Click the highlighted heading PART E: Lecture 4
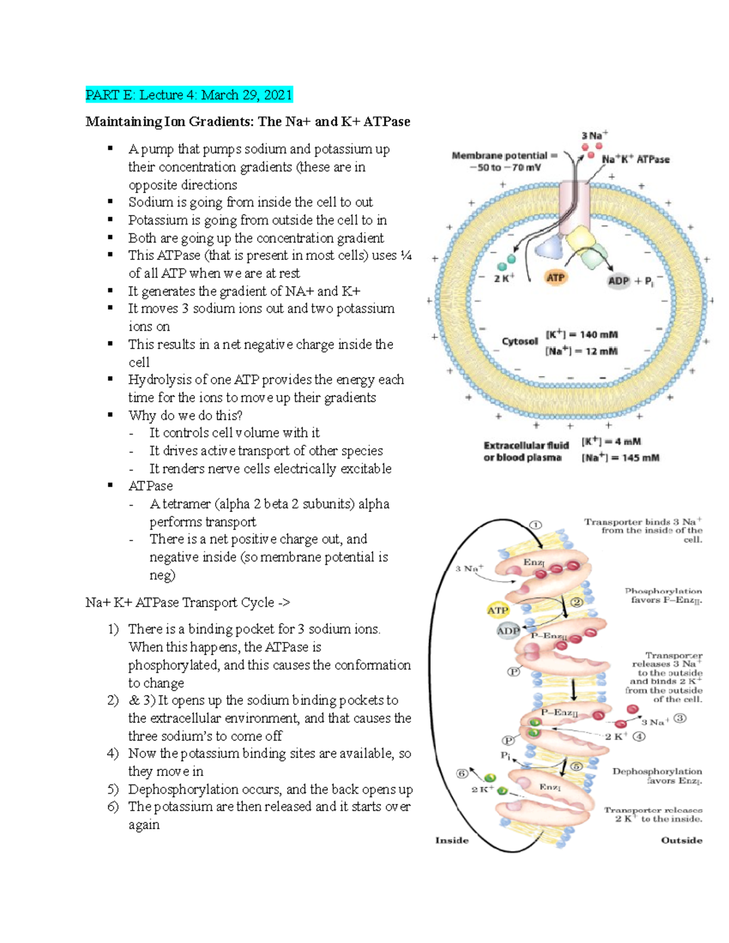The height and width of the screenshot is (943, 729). click(x=188, y=95)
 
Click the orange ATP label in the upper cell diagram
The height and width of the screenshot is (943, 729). click(x=555, y=278)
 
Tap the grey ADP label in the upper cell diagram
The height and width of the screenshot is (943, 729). click(x=618, y=281)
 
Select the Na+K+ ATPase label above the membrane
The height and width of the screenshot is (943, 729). click(x=635, y=159)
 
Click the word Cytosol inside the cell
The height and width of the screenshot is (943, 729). click(x=519, y=341)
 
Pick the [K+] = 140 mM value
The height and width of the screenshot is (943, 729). click(x=581, y=335)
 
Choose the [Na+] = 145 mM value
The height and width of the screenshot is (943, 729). click(x=620, y=458)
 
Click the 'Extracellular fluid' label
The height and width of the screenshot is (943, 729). click(x=525, y=445)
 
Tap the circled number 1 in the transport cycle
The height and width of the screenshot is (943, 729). click(x=535, y=525)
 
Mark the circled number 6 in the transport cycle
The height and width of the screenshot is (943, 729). click(x=462, y=774)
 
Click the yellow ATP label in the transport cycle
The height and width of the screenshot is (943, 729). click(x=498, y=610)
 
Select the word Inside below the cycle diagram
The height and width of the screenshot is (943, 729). click(x=452, y=840)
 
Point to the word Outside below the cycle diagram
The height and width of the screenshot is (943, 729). click(x=681, y=840)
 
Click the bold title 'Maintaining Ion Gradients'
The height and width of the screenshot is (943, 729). click(x=247, y=121)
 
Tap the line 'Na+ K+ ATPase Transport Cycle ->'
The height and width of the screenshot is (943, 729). click(x=188, y=602)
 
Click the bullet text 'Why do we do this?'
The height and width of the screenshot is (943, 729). click(x=185, y=415)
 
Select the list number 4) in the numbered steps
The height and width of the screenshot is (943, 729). click(x=112, y=754)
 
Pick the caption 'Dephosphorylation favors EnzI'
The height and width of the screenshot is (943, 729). click(x=657, y=776)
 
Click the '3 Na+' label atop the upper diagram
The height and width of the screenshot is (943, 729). click(x=594, y=135)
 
